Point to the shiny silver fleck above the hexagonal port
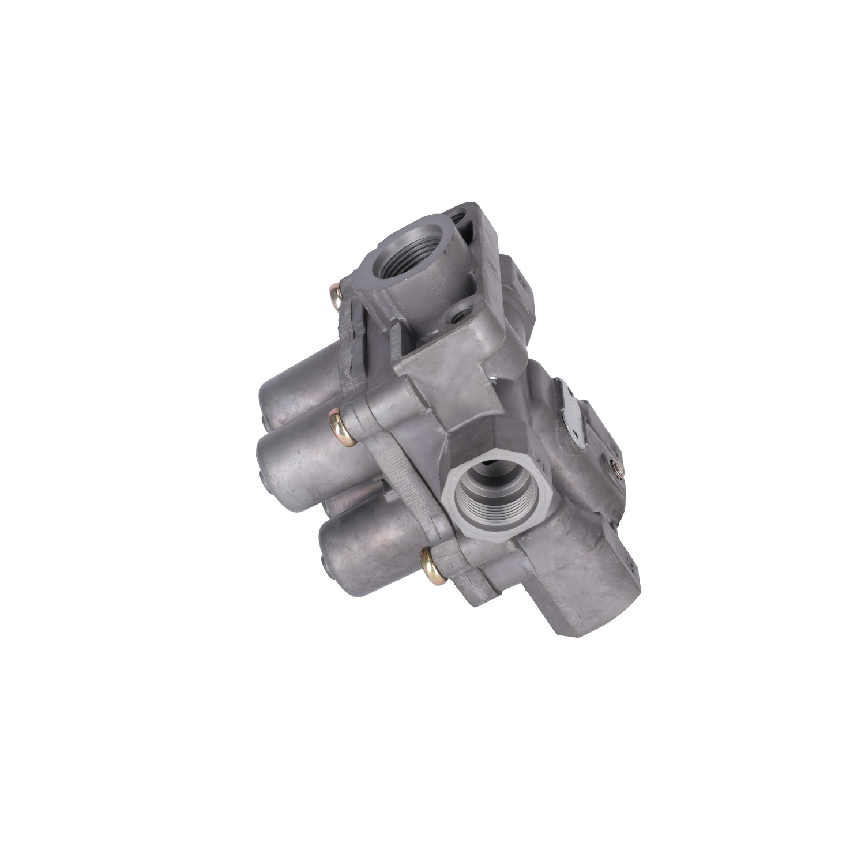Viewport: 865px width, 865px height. [x=494, y=379]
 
